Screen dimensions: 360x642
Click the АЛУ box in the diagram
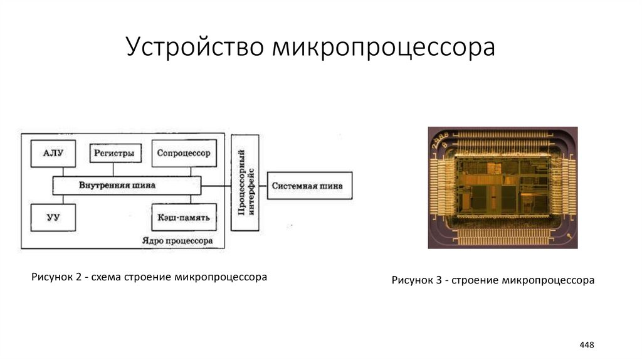53,152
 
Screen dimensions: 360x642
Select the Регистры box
113,152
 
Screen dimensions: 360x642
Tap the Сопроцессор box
183,152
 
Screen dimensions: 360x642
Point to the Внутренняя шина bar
126,186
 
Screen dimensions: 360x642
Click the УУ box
53,218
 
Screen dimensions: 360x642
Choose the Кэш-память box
183,218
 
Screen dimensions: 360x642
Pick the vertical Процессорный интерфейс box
245,183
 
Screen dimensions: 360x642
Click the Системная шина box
310,186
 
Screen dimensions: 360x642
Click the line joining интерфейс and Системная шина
263,186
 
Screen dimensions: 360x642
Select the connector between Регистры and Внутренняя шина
113,170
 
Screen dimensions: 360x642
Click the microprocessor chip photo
502,188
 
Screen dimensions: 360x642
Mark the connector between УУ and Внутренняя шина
53,199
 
